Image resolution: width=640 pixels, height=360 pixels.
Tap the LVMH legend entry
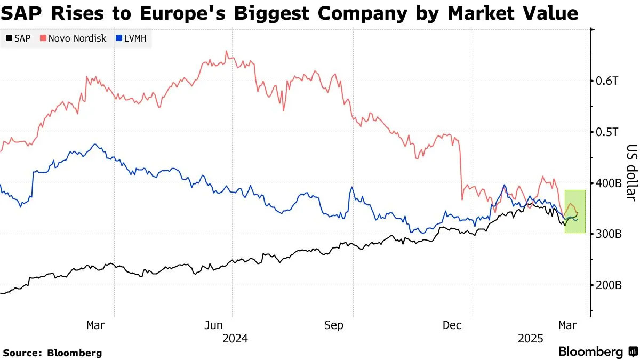[x=133, y=38]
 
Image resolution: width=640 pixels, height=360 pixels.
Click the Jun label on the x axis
[x=214, y=325]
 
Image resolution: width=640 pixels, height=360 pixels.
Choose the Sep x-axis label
[x=334, y=325]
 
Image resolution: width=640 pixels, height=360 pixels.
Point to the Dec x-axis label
[x=453, y=325]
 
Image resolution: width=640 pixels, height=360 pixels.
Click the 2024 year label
[x=235, y=338]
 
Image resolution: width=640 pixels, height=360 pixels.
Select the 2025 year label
[x=531, y=338]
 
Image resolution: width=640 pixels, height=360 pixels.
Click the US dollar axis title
[x=631, y=173]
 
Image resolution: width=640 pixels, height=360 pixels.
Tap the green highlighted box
[x=575, y=211]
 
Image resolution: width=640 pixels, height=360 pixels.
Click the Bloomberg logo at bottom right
[x=597, y=352]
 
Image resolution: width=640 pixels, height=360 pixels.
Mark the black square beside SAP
[x=10, y=38]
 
